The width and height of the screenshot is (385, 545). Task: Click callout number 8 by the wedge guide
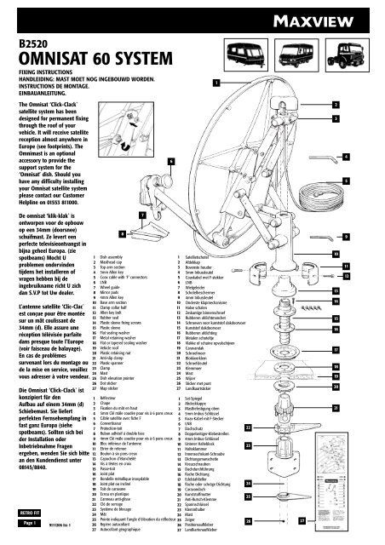(x=124, y=233)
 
